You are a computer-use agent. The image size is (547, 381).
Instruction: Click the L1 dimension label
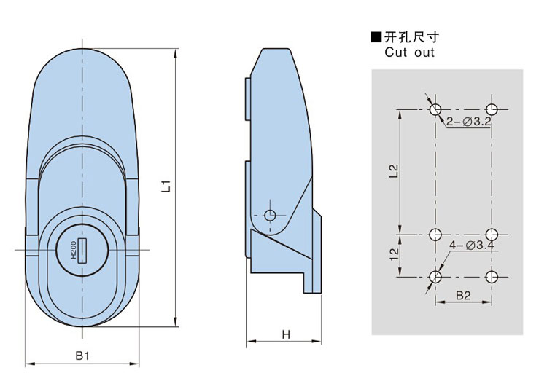(166, 186)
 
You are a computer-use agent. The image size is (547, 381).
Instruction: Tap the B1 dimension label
(82, 356)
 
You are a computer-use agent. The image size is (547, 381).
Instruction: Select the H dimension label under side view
(286, 334)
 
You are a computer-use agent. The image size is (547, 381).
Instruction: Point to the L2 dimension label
(393, 171)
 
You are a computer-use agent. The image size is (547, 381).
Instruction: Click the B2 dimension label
(464, 295)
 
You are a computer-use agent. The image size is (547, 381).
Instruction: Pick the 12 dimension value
(393, 255)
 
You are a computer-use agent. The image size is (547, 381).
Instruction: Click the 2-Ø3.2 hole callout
(468, 122)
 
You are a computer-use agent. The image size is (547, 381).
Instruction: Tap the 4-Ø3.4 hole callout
(473, 246)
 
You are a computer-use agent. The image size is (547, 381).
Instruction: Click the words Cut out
(409, 52)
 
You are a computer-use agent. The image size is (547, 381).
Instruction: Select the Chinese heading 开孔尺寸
(412, 37)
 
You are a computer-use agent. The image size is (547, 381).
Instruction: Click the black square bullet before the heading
(376, 37)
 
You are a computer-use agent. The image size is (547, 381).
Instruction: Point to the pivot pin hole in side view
(271, 216)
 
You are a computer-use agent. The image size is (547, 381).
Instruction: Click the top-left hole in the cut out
(435, 109)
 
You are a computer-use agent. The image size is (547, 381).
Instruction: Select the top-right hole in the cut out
(492, 109)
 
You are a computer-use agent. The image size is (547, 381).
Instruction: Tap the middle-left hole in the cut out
(435, 235)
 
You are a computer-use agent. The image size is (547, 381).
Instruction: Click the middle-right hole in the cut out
(492, 235)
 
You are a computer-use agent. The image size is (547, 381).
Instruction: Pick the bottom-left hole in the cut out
(435, 277)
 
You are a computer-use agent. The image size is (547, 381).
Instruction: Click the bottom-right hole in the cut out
(492, 277)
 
